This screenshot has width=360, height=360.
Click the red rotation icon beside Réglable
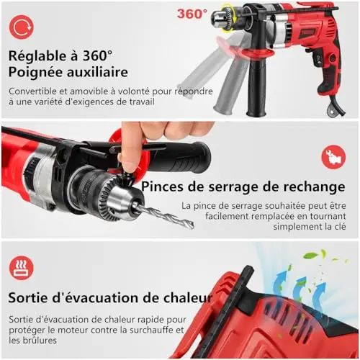coord(22,27)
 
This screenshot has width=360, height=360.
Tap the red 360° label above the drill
coord(192,14)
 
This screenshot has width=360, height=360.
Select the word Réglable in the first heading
coord(37,56)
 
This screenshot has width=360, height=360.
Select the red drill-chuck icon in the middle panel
coord(333,157)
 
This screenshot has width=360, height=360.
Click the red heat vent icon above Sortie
coord(22,268)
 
